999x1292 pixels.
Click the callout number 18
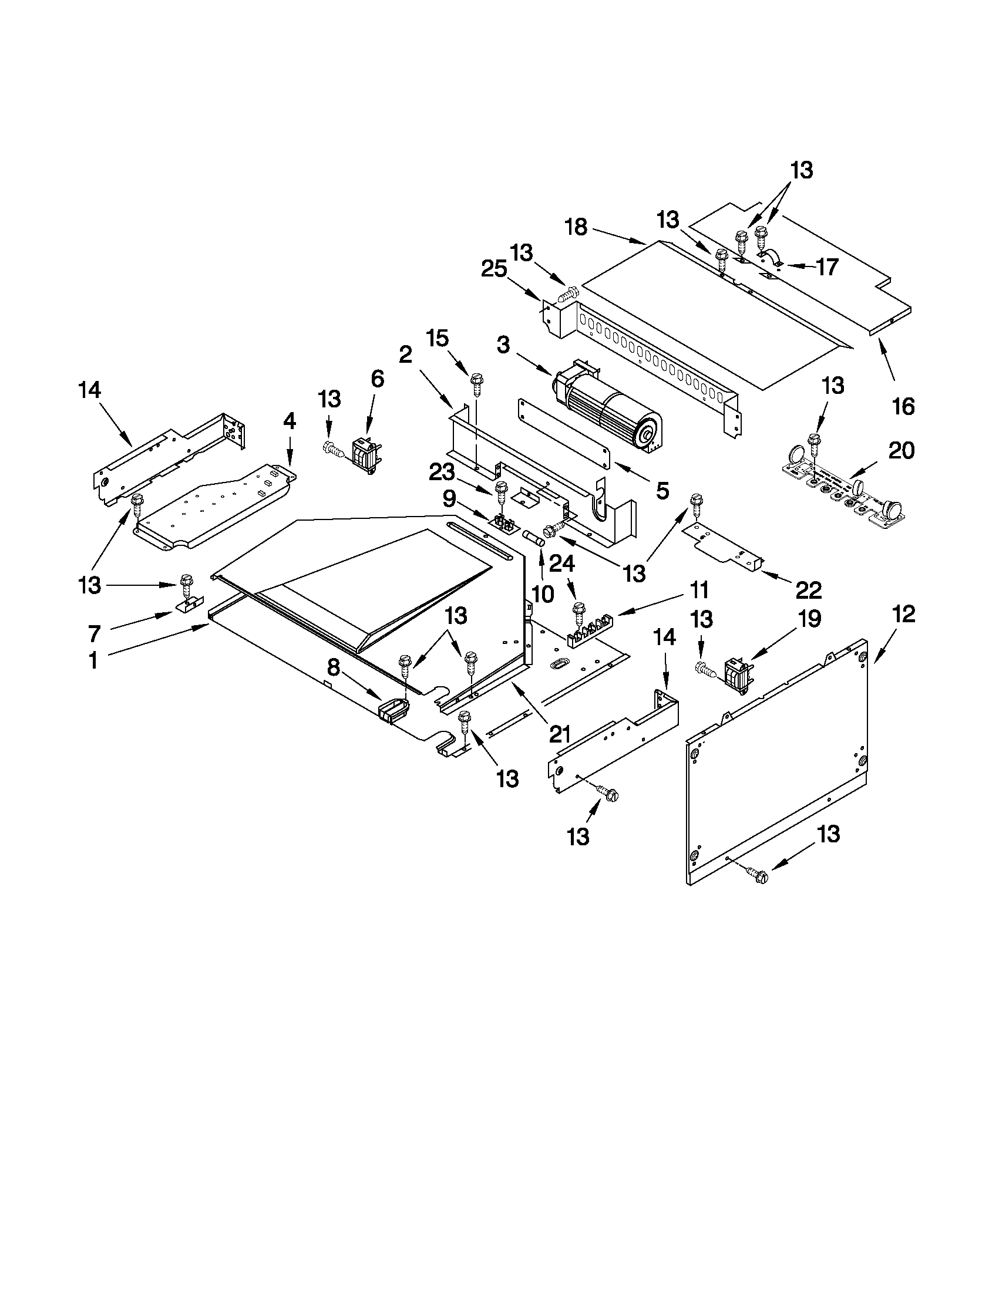pos(576,227)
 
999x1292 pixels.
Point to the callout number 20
pos(902,451)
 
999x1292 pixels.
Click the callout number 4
pos(289,422)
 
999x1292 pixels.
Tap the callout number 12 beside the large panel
pos(904,614)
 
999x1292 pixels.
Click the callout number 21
pos(559,734)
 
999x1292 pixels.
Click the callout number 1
pos(93,660)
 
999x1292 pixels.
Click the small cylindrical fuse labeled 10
pos(533,537)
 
